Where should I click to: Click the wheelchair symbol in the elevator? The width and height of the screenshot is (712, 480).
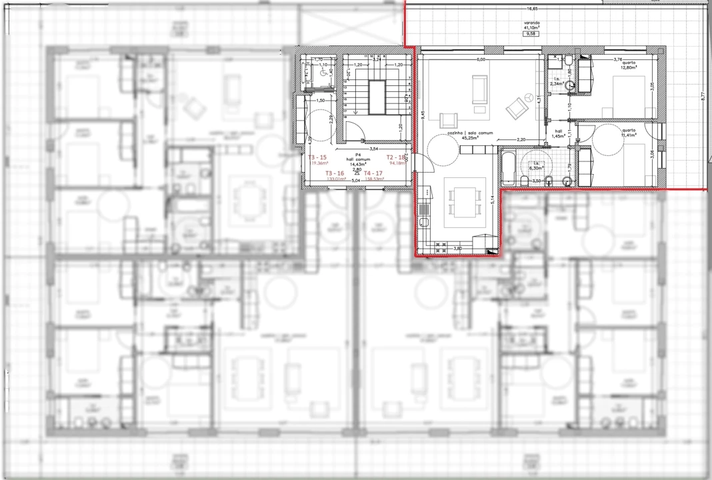(317, 73)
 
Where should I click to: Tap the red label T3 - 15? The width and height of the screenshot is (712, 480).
(317, 157)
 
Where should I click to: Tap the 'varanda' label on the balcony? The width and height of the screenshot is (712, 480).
(531, 22)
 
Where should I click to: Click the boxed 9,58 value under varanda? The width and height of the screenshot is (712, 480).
(531, 33)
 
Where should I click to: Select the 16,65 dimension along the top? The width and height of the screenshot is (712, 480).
(532, 9)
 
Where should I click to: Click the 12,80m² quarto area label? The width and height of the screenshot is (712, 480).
(629, 67)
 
